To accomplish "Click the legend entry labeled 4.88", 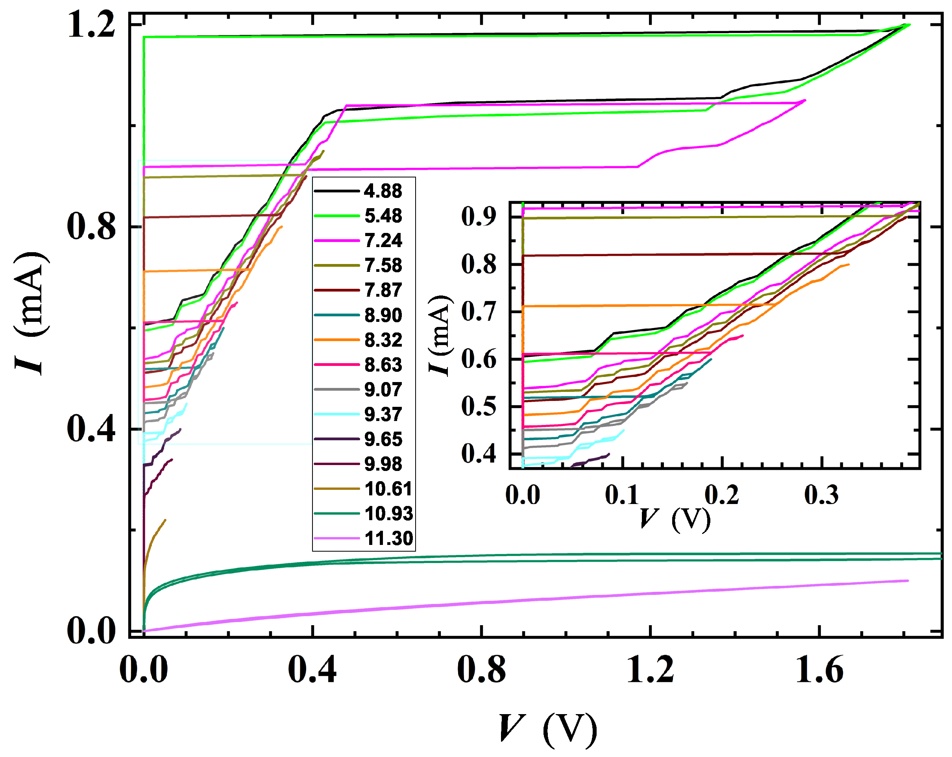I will click(383, 191).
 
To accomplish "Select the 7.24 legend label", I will click(383, 240).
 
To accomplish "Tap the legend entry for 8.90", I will click(383, 315).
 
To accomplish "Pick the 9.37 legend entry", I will click(383, 414).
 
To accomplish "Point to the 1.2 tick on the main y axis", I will click(91, 25).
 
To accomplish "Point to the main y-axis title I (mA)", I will click(31, 314).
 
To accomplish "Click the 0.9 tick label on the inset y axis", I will click(479, 217).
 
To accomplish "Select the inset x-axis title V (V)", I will click(675, 519).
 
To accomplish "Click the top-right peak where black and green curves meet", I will click(909, 25).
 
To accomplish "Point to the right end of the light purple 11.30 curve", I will click(908, 581).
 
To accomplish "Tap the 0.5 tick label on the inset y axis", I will click(479, 406).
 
